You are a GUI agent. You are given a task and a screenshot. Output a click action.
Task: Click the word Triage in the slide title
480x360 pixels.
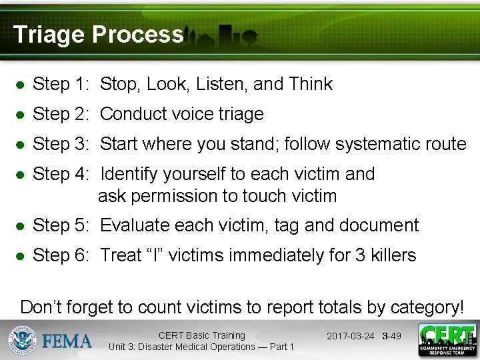49,34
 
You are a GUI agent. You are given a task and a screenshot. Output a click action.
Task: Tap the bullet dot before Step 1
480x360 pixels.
21,85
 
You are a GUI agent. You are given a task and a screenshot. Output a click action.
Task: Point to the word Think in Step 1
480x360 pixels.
311,84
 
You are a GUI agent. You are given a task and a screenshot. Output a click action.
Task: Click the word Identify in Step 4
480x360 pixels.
130,174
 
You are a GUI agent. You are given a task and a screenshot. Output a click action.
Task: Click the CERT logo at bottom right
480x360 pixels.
447,340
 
